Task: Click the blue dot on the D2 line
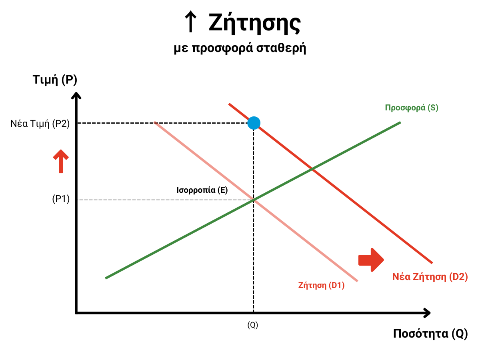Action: pos(254,123)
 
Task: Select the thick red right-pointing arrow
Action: pos(370,260)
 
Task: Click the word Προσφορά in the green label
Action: pos(404,108)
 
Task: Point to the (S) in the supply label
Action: pos(433,108)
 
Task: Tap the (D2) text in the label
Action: pos(458,276)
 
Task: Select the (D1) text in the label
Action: pos(336,286)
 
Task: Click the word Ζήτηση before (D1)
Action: pos(312,286)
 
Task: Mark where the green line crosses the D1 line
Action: pos(254,200)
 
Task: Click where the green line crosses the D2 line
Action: pos(312,170)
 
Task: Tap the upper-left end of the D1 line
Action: pos(154,122)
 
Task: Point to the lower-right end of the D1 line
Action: pos(357,281)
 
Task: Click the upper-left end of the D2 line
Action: pos(229,104)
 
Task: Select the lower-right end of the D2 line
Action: pos(432,263)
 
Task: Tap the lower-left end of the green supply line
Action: pos(106,278)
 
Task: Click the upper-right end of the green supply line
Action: pos(400,122)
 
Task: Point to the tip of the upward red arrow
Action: pos(61,150)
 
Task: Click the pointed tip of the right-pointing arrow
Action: pos(384,260)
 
